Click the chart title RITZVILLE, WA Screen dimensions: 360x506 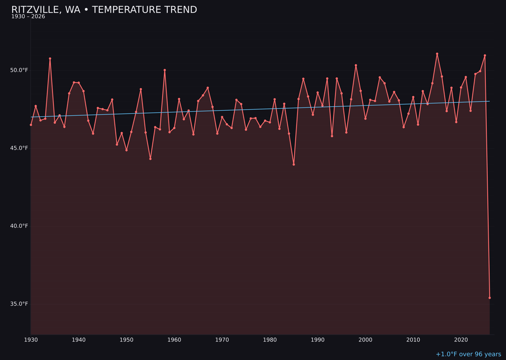[x=104, y=10]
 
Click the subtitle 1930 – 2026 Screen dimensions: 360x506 [x=28, y=17]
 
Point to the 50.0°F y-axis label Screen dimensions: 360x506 [x=19, y=70]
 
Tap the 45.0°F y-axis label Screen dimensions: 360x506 [x=19, y=148]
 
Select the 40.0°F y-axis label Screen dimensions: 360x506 [x=19, y=226]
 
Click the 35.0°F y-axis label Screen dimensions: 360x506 [x=19, y=304]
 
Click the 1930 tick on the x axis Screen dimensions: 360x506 [x=31, y=340]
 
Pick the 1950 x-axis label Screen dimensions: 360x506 [x=126, y=340]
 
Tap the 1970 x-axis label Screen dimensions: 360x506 [x=222, y=340]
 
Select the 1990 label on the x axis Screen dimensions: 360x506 [x=318, y=340]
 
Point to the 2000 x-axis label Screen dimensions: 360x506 [x=365, y=340]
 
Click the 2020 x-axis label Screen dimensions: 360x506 [x=461, y=340]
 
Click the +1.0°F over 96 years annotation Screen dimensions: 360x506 [x=468, y=354]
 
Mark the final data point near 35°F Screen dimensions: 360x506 [x=490, y=298]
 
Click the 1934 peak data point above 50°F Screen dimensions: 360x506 [x=50, y=59]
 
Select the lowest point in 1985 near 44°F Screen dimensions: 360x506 [x=294, y=165]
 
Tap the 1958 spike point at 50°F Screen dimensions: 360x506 [x=164, y=70]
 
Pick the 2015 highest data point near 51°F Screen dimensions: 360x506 [x=437, y=54]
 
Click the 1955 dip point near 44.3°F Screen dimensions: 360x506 [x=150, y=159]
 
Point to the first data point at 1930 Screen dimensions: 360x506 [x=31, y=125]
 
